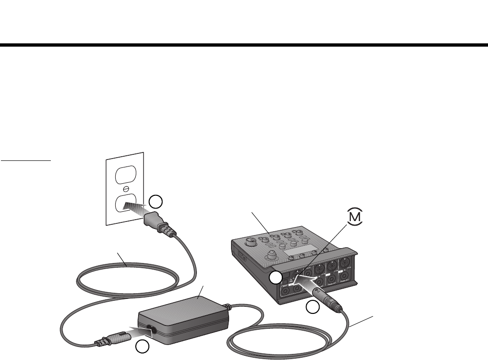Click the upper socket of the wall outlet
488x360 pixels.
click(x=124, y=175)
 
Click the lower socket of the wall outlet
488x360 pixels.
click(x=124, y=204)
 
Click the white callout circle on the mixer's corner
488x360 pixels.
click(x=276, y=278)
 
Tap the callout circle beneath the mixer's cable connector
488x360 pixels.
click(x=312, y=307)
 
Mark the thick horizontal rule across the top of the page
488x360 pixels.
click(x=244, y=45)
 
